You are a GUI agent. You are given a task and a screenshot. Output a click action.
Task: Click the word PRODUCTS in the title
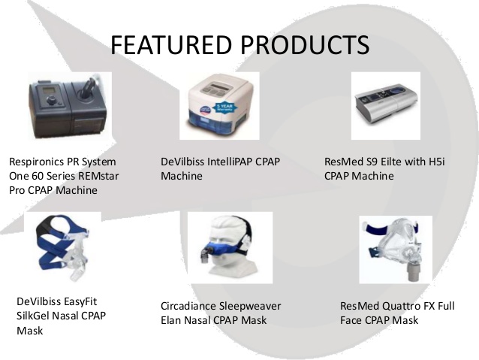click(307, 44)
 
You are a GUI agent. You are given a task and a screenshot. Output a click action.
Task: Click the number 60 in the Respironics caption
click(39, 176)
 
